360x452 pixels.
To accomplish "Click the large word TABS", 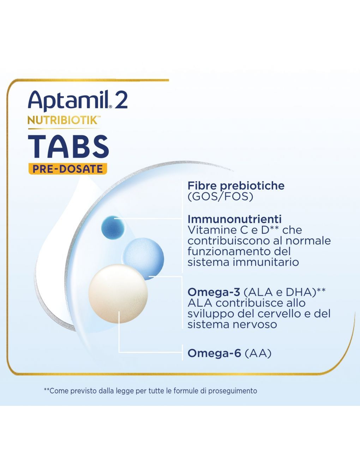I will point(68,146).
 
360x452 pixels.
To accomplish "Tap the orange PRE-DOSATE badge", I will point(67,169).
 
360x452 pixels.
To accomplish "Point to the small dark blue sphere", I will point(113,227).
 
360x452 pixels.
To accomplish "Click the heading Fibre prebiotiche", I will point(236,185).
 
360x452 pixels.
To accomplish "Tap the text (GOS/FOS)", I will point(220,196).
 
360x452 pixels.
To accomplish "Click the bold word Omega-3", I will point(214,292).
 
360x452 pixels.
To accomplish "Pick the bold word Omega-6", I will point(214,353).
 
